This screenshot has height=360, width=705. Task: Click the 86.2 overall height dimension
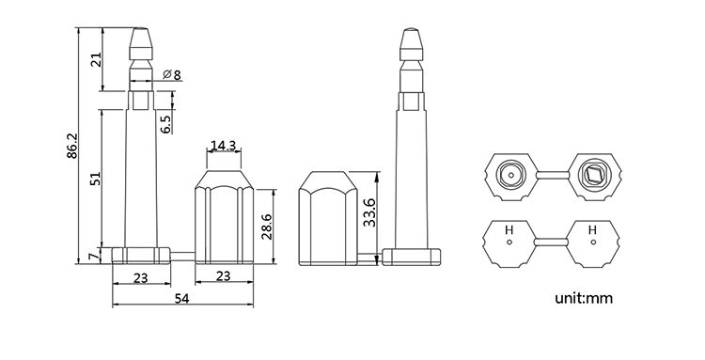point(72,146)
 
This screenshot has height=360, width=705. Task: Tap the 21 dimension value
point(97,59)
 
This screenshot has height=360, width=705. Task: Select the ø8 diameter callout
point(172,74)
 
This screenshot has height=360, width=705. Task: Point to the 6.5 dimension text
point(165,124)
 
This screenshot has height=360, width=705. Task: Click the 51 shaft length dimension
point(95,179)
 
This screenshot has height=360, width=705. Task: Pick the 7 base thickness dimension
point(93,257)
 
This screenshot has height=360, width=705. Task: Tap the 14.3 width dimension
point(224,146)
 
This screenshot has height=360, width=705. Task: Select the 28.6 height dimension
point(266,227)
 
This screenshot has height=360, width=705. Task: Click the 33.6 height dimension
point(369,212)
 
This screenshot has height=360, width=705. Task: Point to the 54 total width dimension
point(181,298)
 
